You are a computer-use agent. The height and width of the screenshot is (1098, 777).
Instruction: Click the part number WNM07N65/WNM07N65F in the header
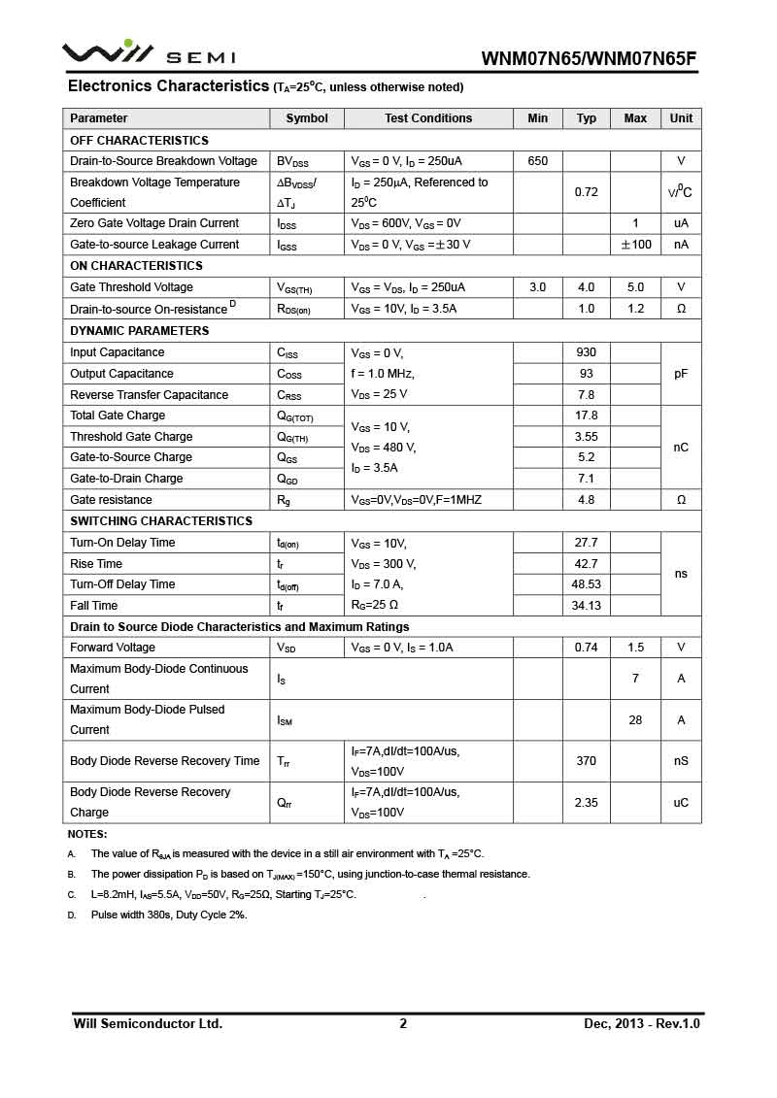tap(589, 58)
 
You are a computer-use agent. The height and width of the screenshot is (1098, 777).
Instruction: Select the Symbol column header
tap(307, 118)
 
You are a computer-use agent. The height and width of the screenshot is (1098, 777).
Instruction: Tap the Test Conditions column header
tap(428, 118)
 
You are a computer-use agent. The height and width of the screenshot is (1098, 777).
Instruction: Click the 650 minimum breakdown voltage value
tap(538, 161)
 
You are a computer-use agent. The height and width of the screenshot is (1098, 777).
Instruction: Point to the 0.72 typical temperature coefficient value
tap(587, 192)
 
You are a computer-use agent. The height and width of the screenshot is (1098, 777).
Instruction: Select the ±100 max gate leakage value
tap(636, 245)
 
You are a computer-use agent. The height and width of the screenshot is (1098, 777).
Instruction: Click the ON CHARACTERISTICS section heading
tap(137, 266)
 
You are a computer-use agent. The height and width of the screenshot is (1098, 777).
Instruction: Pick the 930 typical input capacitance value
tap(587, 352)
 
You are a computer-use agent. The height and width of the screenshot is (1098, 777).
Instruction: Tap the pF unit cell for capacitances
tap(681, 374)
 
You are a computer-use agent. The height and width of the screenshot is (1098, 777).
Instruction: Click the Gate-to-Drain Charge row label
tap(126, 479)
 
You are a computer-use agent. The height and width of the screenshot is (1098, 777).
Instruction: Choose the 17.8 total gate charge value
tap(587, 416)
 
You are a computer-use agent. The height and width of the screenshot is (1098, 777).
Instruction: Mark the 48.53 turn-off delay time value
tap(587, 584)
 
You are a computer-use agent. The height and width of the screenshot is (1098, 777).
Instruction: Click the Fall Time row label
tap(94, 606)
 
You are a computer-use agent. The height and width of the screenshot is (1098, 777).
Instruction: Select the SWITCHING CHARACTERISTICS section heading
tap(161, 521)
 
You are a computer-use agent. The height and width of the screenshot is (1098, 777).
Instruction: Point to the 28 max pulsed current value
tap(636, 720)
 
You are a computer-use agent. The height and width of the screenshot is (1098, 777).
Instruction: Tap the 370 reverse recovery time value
tap(587, 761)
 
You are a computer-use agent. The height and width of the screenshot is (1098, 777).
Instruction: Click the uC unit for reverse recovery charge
tap(681, 803)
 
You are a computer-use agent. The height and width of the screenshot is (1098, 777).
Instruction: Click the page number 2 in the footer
tap(403, 1023)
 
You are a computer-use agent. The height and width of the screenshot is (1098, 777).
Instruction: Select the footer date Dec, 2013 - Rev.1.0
tap(642, 1023)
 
